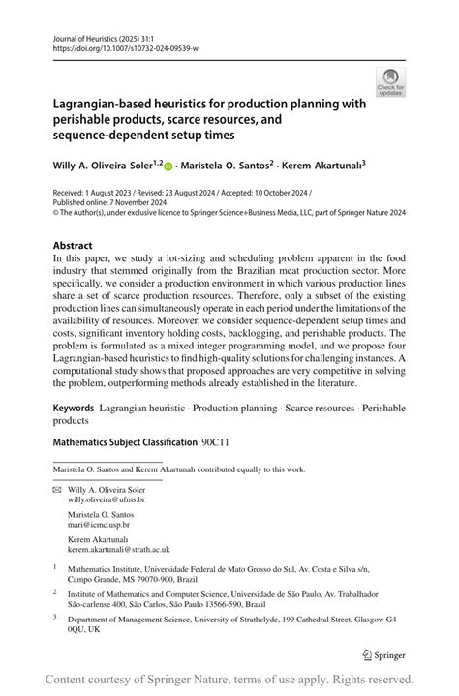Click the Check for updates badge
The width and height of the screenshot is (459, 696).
(x=389, y=81)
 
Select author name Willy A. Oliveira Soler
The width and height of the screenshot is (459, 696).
(x=107, y=166)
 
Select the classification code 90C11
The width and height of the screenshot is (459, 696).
(x=216, y=442)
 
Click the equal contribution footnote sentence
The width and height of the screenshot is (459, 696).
(x=179, y=469)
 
